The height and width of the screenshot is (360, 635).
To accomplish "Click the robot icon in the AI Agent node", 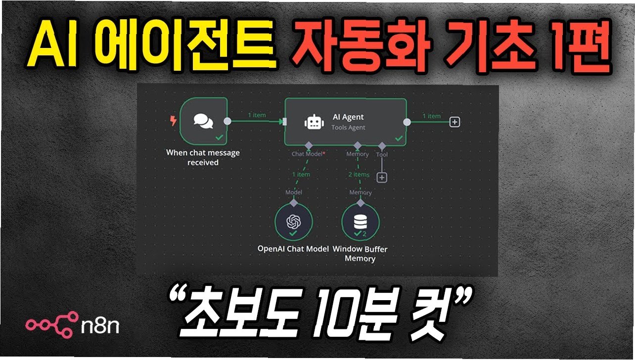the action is [x=312, y=122].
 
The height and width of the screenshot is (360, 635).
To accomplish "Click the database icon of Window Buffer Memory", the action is [x=360, y=223].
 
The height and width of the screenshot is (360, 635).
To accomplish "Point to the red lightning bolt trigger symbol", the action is [x=173, y=120].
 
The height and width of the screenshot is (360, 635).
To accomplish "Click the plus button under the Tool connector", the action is [x=381, y=178].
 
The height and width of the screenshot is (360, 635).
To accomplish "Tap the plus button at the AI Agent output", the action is [x=454, y=122].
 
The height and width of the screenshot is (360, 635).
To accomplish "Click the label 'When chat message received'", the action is [x=203, y=157].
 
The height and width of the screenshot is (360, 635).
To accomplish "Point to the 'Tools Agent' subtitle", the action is [x=348, y=128].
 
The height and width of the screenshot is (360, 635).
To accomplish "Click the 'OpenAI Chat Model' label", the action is [x=293, y=249].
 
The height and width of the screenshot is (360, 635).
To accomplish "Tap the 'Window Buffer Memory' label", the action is [x=360, y=254].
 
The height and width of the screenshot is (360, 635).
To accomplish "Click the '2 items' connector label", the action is [x=358, y=175].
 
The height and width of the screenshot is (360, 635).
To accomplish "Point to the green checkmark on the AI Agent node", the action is [x=399, y=139].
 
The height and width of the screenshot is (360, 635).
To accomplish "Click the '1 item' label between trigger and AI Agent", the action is [x=257, y=115].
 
